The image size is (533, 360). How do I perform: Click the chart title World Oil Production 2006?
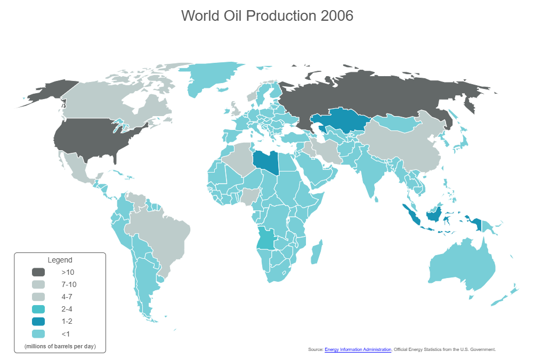pos(267,16)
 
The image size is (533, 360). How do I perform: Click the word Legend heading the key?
pos(60,260)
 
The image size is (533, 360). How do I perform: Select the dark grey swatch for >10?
pos(38,272)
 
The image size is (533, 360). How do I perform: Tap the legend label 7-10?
pos(69,284)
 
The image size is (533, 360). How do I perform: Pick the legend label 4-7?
pos(67,297)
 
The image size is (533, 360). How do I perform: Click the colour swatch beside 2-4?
pos(38,309)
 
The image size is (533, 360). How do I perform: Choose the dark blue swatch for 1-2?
pos(38,321)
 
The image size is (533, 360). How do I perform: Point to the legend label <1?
pos(65,334)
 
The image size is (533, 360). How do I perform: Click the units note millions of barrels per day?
pos(60,347)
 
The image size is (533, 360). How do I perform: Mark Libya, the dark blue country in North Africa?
pos(265,162)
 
